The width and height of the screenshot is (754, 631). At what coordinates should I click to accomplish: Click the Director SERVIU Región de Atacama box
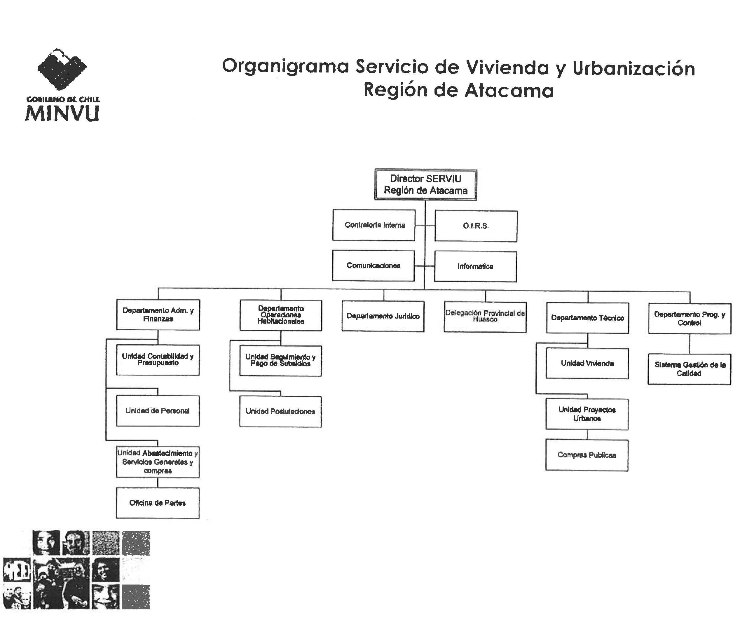pos(425,184)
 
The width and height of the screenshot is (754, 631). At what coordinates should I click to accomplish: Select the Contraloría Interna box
pos(374,225)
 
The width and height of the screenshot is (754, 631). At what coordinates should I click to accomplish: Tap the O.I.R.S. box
pos(476,226)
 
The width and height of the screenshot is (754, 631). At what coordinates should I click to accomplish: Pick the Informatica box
pos(475,267)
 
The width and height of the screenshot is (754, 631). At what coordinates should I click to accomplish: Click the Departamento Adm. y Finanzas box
pos(158,314)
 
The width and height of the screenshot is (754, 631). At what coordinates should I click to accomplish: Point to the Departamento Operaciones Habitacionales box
pos(281,315)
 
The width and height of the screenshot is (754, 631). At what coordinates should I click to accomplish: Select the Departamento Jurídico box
pos(383,316)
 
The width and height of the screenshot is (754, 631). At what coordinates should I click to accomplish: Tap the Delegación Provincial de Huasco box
pos(485,317)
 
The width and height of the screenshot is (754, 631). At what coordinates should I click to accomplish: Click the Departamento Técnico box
pos(587,318)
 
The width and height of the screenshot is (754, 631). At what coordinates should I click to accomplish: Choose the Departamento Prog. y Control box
pos(690,319)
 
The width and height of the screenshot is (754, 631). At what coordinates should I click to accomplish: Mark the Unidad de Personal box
pos(158,411)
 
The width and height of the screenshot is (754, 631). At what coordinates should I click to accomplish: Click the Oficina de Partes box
pos(158,503)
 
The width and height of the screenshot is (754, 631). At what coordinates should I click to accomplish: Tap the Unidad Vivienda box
pos(587,363)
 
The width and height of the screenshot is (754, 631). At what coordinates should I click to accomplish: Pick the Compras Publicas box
pos(587,455)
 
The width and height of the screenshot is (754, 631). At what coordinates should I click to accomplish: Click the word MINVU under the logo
pos(62,114)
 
